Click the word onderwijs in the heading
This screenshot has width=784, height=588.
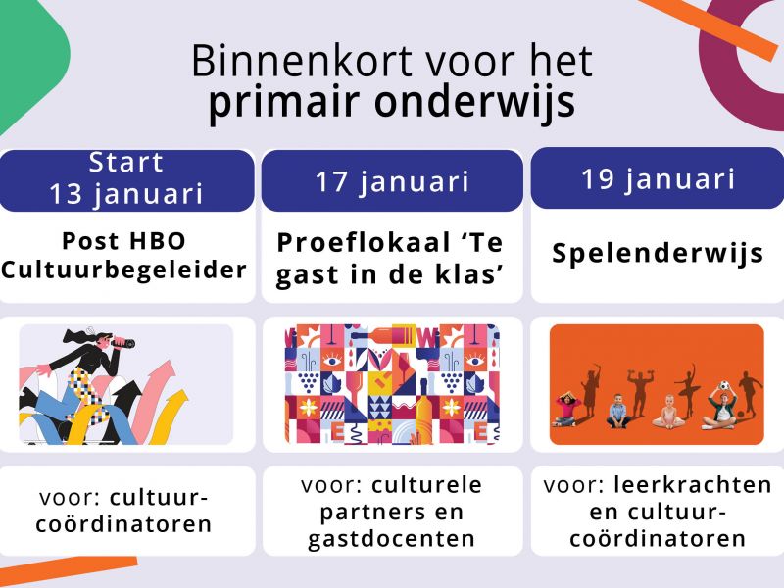click(x=474, y=103)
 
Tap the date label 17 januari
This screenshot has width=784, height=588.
click(x=392, y=181)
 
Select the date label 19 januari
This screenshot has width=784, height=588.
click(x=658, y=179)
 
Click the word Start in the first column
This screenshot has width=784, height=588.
click(x=126, y=163)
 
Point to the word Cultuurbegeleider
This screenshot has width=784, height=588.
click(x=124, y=270)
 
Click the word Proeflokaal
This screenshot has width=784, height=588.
click(x=364, y=243)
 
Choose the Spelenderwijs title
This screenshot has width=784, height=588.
click(x=658, y=253)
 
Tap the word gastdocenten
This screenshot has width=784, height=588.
click(x=391, y=540)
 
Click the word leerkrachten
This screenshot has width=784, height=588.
click(x=693, y=485)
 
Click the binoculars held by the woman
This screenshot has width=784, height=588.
click(x=123, y=343)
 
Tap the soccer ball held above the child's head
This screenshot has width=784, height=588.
click(x=724, y=386)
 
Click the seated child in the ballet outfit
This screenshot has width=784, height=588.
click(x=668, y=412)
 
